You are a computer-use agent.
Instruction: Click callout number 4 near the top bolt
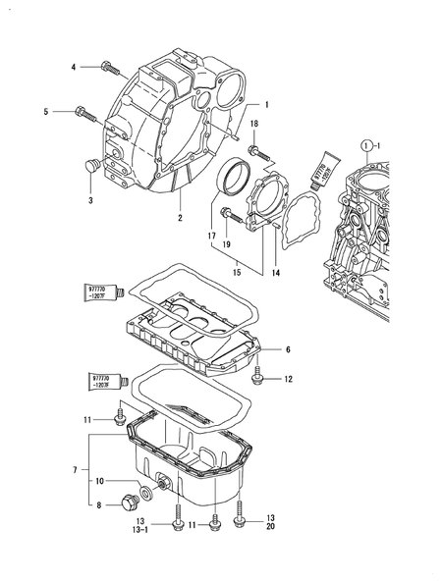pyautogui.click(x=73, y=67)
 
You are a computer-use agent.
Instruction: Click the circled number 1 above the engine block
pyautogui.click(x=367, y=144)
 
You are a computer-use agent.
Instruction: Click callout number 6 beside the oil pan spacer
pyautogui.click(x=288, y=348)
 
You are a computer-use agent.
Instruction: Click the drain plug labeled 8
pyautogui.click(x=126, y=504)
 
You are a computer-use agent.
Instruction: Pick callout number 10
pyautogui.click(x=99, y=482)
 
